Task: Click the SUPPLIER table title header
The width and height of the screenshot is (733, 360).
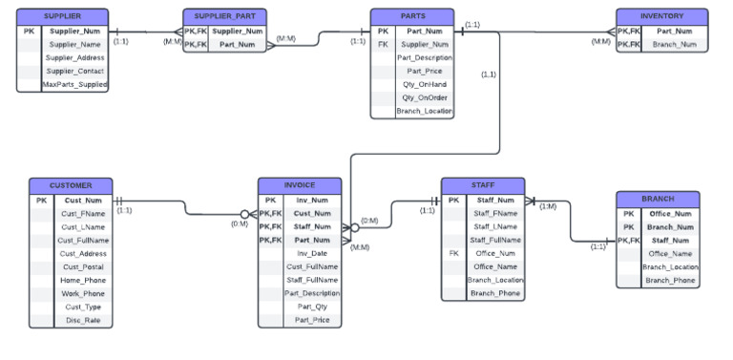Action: tap(64, 17)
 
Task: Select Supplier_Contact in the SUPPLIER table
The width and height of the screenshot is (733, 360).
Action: tap(75, 71)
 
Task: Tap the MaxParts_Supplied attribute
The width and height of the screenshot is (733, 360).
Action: tap(75, 84)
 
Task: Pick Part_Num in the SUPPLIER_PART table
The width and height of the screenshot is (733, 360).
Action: tap(237, 44)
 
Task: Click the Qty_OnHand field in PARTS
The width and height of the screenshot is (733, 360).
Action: tap(424, 84)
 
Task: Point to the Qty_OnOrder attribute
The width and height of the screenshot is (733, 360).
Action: tap(424, 97)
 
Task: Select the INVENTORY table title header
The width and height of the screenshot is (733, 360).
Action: tap(661, 17)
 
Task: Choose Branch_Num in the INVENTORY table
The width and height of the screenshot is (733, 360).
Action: tap(674, 44)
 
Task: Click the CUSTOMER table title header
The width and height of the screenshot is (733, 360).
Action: tap(71, 185)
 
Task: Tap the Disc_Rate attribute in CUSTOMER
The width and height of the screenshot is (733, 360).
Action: tap(84, 320)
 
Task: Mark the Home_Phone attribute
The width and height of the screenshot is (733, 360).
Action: tap(84, 280)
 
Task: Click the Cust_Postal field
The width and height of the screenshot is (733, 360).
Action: tap(84, 266)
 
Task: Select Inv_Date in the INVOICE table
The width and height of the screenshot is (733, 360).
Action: tap(311, 253)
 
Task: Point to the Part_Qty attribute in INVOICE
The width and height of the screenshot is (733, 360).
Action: tap(311, 307)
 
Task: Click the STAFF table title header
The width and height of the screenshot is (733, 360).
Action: tap(482, 185)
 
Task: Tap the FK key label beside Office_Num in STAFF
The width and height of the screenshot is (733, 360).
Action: tap(454, 253)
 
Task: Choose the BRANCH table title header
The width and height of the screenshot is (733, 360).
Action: tap(658, 199)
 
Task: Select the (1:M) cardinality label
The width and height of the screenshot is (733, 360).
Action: tap(548, 206)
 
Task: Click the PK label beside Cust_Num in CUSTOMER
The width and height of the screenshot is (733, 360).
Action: tap(41, 201)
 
